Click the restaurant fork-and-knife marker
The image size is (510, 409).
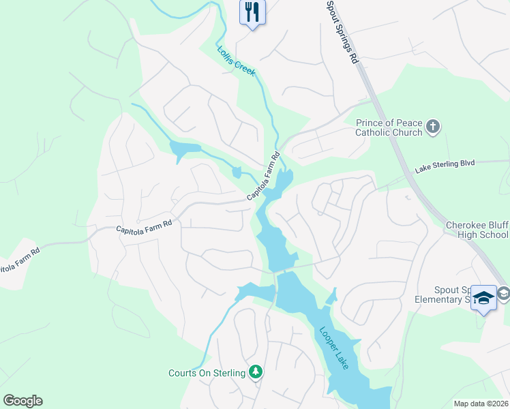[252, 11]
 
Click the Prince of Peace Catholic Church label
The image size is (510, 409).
[389, 127]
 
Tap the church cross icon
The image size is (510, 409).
[433, 127]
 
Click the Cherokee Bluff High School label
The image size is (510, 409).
[477, 230]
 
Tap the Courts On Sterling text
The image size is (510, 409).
[207, 373]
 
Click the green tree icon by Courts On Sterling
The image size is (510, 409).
[256, 372]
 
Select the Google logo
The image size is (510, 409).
[22, 401]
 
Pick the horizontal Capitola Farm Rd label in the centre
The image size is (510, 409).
[143, 226]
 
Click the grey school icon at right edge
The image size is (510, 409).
[504, 293]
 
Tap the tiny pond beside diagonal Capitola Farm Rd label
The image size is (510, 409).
[237, 172]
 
